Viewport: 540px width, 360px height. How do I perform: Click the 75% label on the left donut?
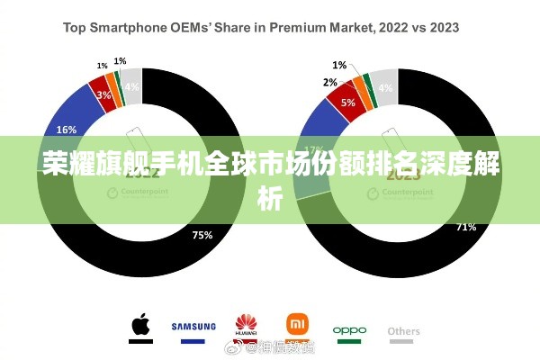tap(202, 236)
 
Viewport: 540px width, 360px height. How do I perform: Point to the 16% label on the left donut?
tap(67, 129)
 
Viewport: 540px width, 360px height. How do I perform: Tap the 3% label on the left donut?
tap(104, 94)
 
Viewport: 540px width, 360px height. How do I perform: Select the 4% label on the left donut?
tap(131, 86)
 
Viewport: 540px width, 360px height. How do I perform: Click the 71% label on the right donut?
tap(466, 226)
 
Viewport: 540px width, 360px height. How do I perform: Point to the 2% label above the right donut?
tap(330, 82)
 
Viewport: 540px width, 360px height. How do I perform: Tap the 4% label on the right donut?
tap(385, 87)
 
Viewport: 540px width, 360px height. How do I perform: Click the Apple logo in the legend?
tap(139, 327)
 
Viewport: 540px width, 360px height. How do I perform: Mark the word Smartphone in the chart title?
tap(131, 28)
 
